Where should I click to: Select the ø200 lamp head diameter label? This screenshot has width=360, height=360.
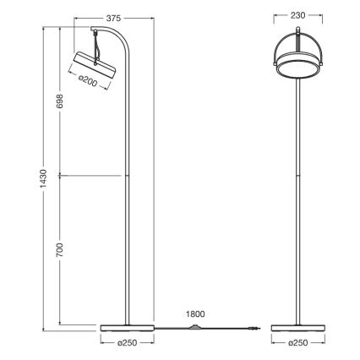tap(88, 81)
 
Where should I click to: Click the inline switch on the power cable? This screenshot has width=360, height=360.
tap(198, 327)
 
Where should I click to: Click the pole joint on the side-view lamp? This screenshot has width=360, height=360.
tap(128, 177)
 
